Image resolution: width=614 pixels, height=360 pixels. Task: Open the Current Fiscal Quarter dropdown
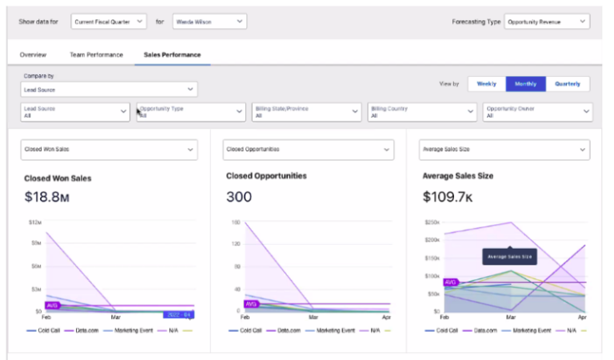108,22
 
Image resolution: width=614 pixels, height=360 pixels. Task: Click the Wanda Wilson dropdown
209,22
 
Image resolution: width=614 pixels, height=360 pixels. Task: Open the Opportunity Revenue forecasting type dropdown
547,22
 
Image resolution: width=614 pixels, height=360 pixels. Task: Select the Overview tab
33,54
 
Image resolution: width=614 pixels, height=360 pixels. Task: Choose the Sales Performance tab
172,54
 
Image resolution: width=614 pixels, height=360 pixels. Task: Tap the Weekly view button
486,83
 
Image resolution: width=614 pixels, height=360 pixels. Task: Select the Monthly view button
525,83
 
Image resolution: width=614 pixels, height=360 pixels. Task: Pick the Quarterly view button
568,83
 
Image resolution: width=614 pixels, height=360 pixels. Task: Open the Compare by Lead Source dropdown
109,90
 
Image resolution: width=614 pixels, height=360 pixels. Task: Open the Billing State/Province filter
307,112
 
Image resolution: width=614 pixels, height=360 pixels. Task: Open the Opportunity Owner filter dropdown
538,112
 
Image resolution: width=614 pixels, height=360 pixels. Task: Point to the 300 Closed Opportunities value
239,197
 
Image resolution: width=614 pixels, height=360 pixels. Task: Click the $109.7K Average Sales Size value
450,197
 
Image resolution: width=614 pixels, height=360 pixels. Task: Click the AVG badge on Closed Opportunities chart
252,304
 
